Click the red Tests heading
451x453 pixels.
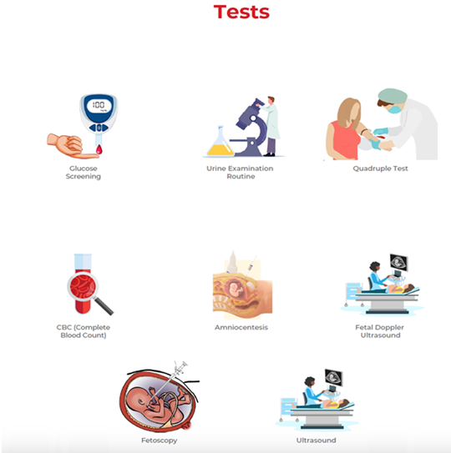pyautogui.click(x=241, y=13)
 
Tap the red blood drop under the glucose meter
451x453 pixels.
pyautogui.click(x=99, y=149)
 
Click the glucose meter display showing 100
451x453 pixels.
pyautogui.click(x=99, y=105)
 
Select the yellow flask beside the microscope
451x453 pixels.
pyautogui.click(x=220, y=142)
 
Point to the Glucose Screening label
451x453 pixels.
pyautogui.click(x=84, y=172)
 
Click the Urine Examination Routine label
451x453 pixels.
pyautogui.click(x=240, y=172)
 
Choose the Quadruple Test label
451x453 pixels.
pyautogui.click(x=380, y=169)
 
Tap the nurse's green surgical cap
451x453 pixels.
pyautogui.click(x=393, y=96)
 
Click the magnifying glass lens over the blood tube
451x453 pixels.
pyautogui.click(x=83, y=287)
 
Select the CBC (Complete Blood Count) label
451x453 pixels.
pyautogui.click(x=84, y=331)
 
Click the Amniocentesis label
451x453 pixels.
pyautogui.click(x=241, y=327)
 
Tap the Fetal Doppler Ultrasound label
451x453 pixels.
pyautogui.click(x=380, y=331)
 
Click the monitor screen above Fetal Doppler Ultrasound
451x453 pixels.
pyautogui.click(x=398, y=262)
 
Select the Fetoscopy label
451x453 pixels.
pyautogui.click(x=160, y=440)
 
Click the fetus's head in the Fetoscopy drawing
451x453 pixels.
pyautogui.click(x=138, y=400)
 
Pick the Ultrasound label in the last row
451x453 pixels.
pyautogui.click(x=316, y=440)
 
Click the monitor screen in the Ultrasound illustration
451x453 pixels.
pyautogui.click(x=333, y=378)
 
